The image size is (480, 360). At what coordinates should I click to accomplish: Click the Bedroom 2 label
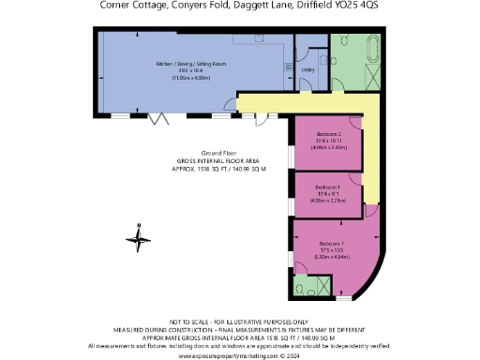click(x=327, y=135)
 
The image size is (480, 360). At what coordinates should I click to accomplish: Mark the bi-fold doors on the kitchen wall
click(x=160, y=117)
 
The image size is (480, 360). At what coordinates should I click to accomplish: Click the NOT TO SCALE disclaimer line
click(x=239, y=321)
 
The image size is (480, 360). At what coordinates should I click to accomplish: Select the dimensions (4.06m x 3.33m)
click(x=327, y=147)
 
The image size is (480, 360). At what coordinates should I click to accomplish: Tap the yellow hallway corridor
click(x=367, y=150)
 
